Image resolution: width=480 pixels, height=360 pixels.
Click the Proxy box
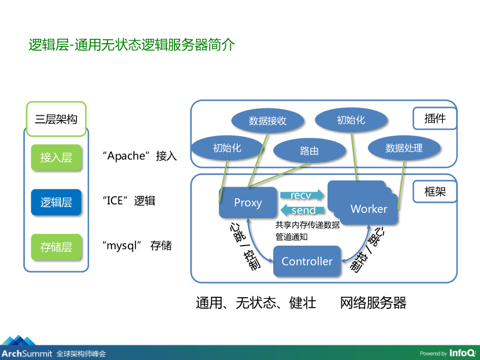pos(247,202)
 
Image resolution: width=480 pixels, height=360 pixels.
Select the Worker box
pos(368,209)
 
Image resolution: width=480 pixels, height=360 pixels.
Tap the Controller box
pos(307,261)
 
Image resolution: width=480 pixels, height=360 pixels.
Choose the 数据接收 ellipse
pos(267,121)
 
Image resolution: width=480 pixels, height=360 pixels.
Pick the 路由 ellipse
pos(309,150)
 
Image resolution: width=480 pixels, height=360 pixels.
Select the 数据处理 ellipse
pos(404,148)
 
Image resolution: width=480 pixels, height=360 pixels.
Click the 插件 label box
pos(435,119)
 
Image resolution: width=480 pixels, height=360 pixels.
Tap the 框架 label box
pos(435,191)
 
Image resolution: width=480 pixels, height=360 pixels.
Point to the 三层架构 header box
pos(56,119)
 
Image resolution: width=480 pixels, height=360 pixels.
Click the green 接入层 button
pos(56,157)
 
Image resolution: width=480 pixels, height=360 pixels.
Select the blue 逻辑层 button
pos(56,202)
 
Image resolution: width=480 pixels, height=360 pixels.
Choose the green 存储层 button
pos(56,247)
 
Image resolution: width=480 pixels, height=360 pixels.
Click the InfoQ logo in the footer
pos(462,353)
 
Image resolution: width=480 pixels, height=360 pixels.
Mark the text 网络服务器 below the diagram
pos(373,303)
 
